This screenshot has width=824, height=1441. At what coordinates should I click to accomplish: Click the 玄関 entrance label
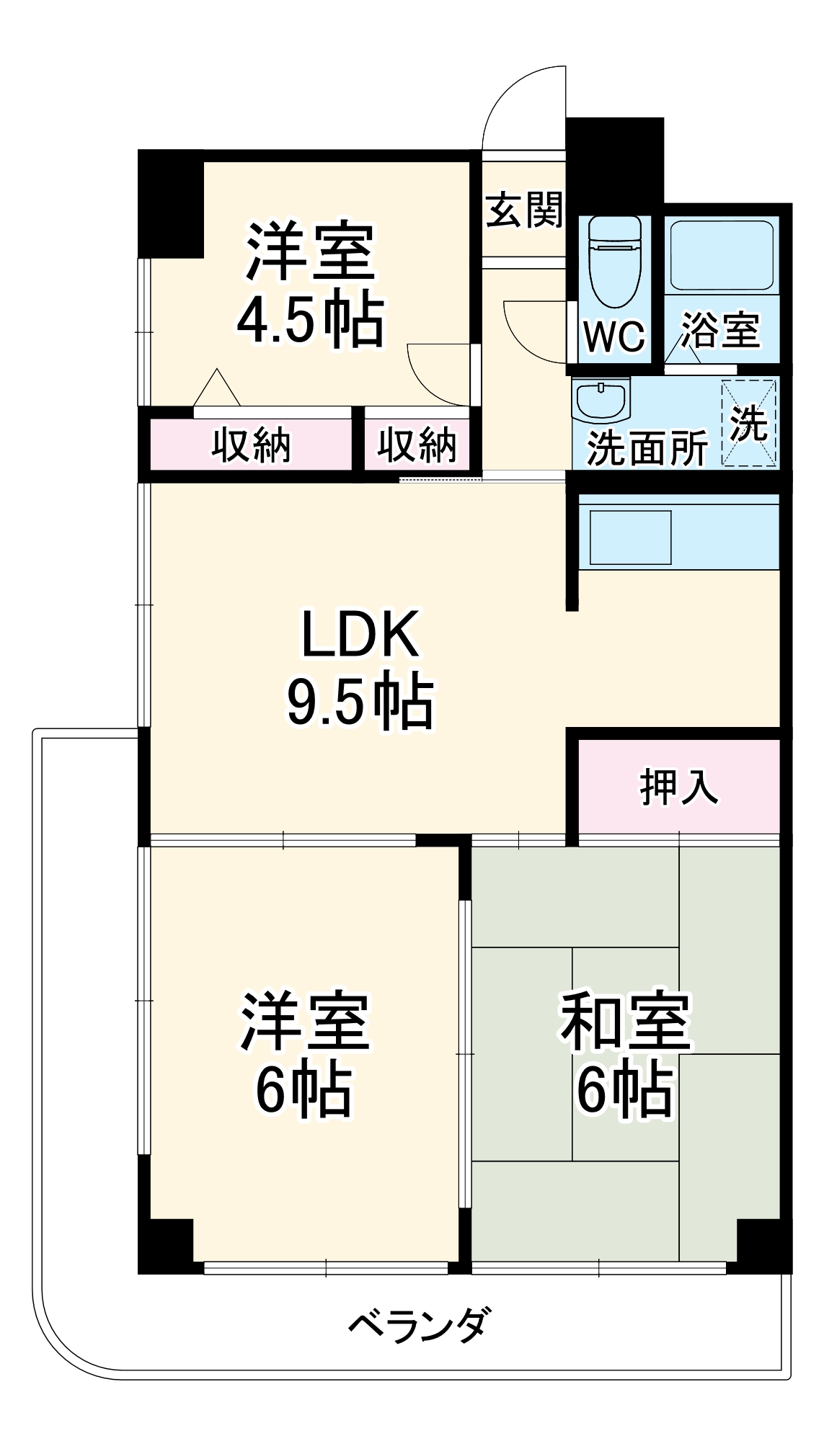(x=525, y=210)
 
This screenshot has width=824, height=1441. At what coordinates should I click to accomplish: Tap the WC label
(x=614, y=336)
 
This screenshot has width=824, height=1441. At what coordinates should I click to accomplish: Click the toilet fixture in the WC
(x=614, y=264)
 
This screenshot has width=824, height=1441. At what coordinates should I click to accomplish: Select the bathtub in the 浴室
(x=722, y=254)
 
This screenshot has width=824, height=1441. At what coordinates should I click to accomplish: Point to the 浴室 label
(x=720, y=330)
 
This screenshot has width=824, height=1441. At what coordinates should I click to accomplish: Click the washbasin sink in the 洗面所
(x=601, y=400)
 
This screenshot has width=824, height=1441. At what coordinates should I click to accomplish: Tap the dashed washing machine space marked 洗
(x=749, y=422)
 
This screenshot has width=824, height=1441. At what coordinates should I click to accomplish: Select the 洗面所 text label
(x=647, y=448)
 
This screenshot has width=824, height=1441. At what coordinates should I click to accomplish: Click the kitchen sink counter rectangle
(x=631, y=537)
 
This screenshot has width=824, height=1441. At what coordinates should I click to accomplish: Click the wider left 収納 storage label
(x=251, y=445)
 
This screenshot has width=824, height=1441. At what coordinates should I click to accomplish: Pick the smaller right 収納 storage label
(x=417, y=445)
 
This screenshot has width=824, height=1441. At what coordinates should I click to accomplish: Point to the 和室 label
(x=626, y=1022)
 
